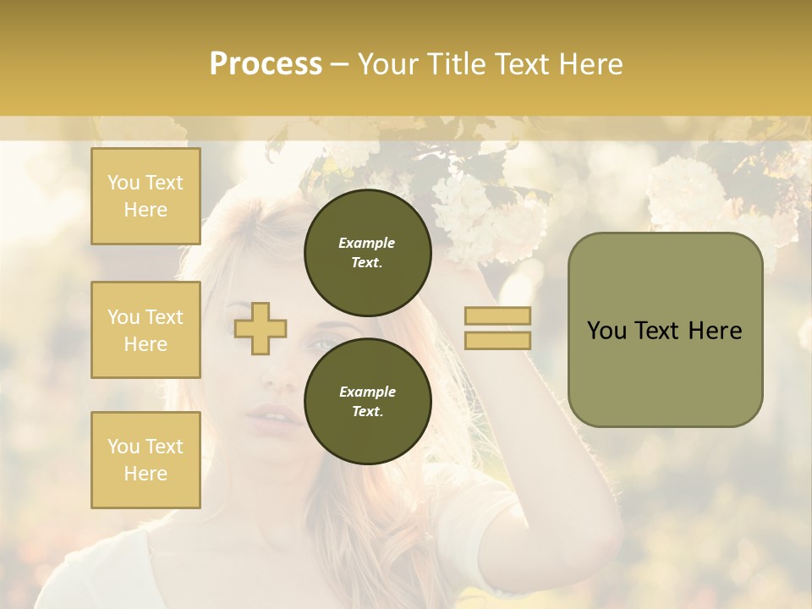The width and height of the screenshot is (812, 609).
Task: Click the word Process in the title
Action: [266, 64]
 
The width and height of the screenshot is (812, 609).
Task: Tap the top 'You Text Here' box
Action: [145, 196]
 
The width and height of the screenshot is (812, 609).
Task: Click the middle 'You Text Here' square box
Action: [145, 330]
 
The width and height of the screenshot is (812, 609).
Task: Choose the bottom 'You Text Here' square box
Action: [145, 459]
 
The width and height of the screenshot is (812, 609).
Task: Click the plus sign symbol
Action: [261, 328]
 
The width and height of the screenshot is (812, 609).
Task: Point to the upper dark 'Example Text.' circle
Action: [367, 253]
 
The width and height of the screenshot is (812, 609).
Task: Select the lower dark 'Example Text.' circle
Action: [367, 401]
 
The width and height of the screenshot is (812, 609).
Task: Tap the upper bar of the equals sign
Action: [497, 315]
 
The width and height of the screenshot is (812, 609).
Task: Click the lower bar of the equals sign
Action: [497, 340]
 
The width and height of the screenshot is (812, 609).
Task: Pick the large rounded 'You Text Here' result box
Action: [665, 330]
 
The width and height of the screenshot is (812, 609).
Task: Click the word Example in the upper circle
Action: [367, 243]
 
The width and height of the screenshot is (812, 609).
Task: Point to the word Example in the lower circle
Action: [367, 392]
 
